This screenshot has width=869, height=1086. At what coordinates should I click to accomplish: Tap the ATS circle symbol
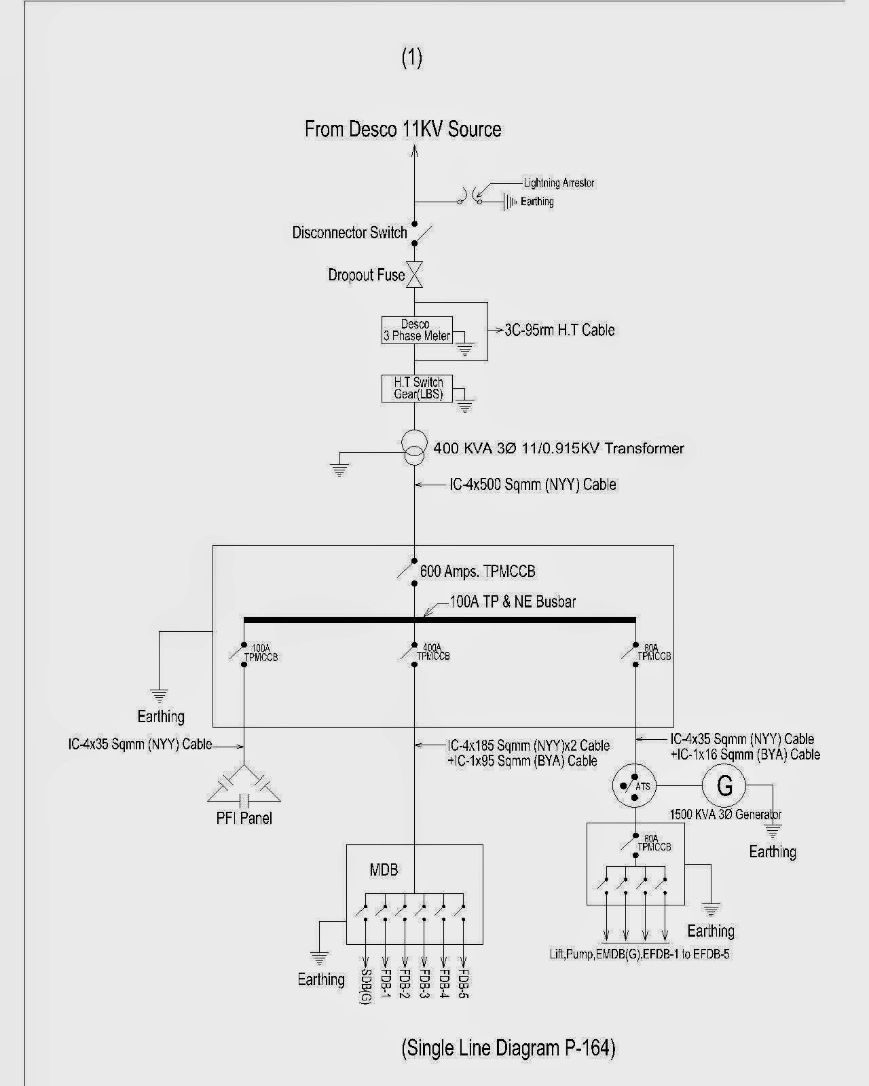634,786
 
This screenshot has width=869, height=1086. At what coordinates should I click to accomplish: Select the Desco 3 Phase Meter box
417,331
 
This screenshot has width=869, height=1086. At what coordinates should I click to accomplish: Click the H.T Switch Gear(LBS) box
417,388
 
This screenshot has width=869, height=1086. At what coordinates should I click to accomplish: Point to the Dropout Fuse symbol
415,275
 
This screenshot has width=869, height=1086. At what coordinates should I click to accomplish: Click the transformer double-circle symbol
414,448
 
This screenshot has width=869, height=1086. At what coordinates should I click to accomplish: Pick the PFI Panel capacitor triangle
244,785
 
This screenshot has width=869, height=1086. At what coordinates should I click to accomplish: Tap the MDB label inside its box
384,870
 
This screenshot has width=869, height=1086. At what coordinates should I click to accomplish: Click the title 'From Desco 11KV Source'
403,129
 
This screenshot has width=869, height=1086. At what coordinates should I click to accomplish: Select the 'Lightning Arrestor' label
559,183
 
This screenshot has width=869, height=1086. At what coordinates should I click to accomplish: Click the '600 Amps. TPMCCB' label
478,572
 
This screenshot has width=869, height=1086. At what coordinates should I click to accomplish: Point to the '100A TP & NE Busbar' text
513,601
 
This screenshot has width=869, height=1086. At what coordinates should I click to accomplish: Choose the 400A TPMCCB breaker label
432,652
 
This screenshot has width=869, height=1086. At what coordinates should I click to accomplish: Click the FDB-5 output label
464,983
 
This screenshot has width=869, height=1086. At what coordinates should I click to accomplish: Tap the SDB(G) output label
365,986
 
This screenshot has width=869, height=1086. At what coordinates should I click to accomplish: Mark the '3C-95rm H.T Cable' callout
559,330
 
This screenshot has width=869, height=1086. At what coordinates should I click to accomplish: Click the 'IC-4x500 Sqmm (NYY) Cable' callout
533,485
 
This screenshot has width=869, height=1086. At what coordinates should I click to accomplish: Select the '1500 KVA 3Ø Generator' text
725,814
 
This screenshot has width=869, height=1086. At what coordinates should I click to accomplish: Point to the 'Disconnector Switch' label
350,233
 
